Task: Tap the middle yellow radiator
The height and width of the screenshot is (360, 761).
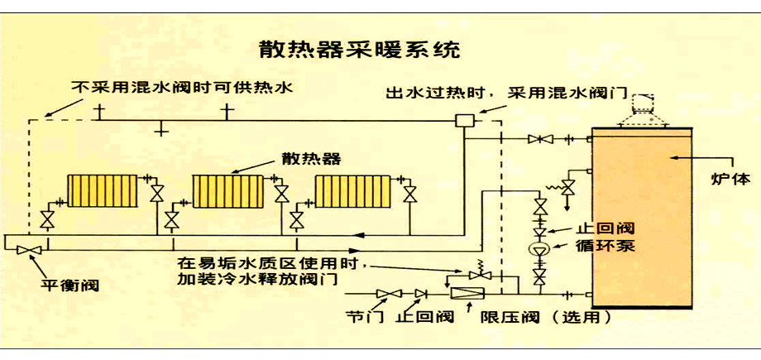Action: click(227, 190)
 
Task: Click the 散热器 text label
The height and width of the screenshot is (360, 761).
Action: click(311, 157)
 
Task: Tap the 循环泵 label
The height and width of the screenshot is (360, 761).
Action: click(583, 246)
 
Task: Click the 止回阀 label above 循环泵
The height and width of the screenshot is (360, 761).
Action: click(583, 227)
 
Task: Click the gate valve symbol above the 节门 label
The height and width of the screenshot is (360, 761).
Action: click(385, 293)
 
